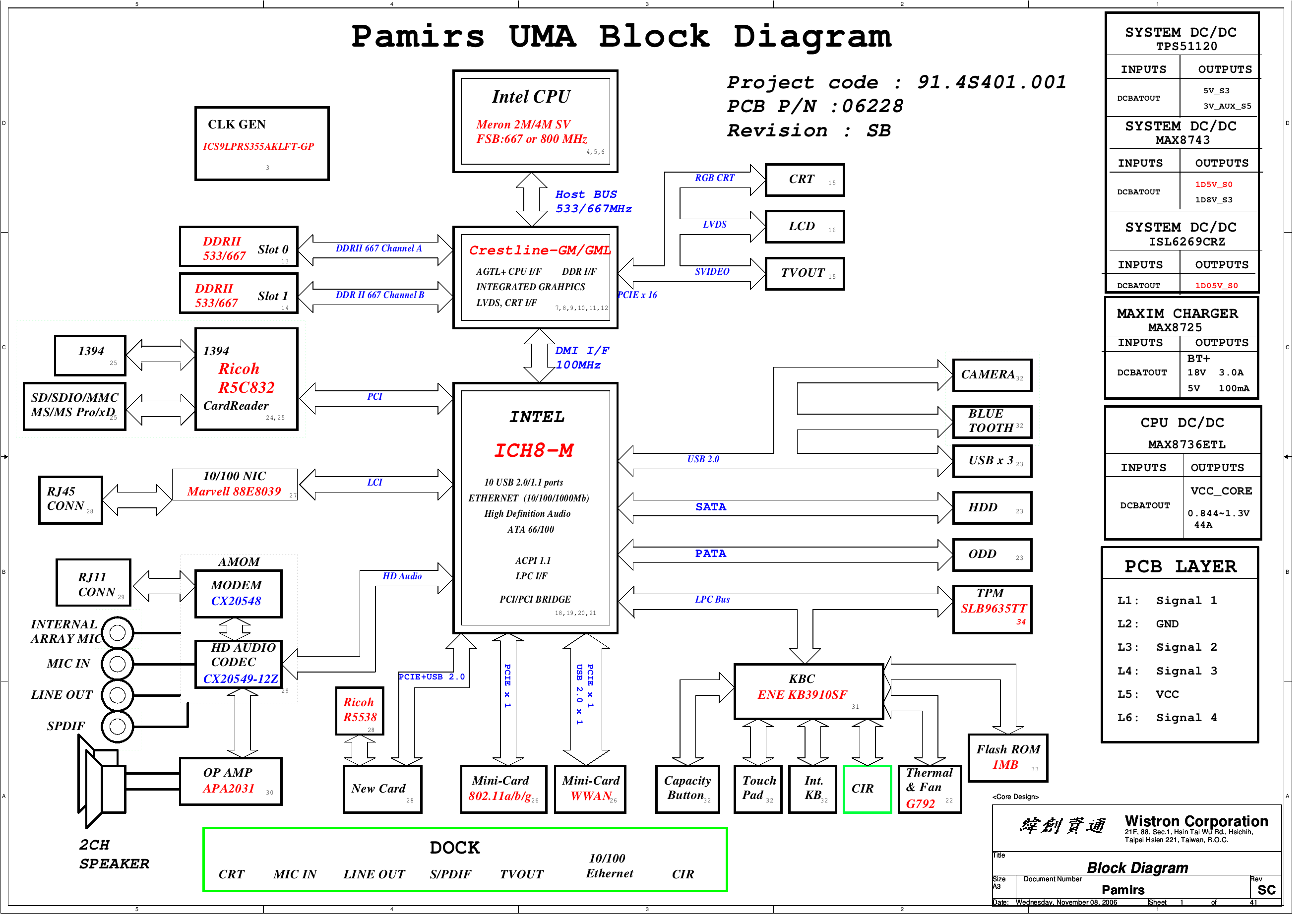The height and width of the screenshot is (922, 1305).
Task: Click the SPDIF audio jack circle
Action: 118,733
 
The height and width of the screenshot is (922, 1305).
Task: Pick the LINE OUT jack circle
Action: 118,701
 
